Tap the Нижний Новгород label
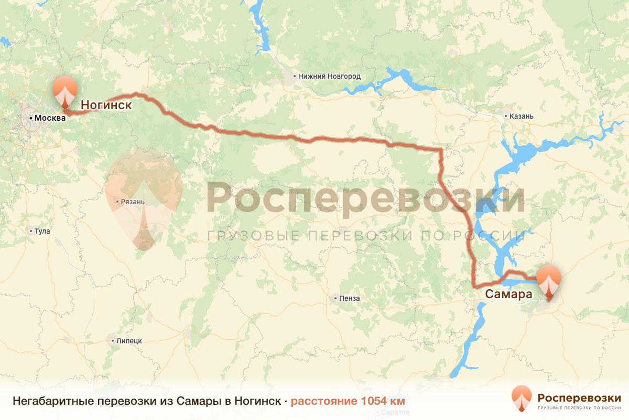[x=329, y=76]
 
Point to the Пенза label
[x=350, y=299]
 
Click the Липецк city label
[x=129, y=341]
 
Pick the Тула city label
[x=42, y=231]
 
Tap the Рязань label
[x=129, y=201]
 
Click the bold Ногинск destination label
[x=106, y=106]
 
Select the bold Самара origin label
[x=508, y=294]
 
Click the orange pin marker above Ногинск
[x=65, y=90]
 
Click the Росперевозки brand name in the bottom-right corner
[x=579, y=397]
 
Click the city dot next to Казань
[x=505, y=116]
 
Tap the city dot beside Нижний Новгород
[x=295, y=76]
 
